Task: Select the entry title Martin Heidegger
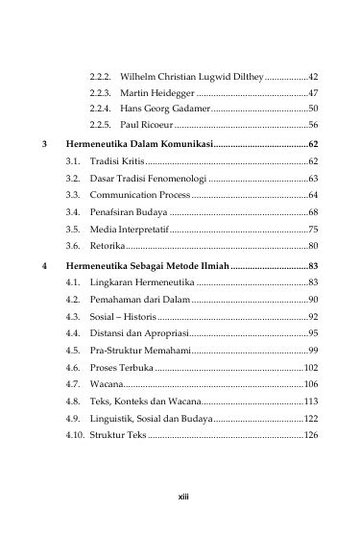point(158,92)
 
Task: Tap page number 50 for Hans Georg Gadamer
point(313,109)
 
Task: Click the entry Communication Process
point(134,195)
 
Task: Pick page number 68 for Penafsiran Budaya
point(313,212)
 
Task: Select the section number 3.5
point(73,230)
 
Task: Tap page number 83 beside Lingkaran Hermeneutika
point(313,282)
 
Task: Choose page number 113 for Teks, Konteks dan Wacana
point(311,401)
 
